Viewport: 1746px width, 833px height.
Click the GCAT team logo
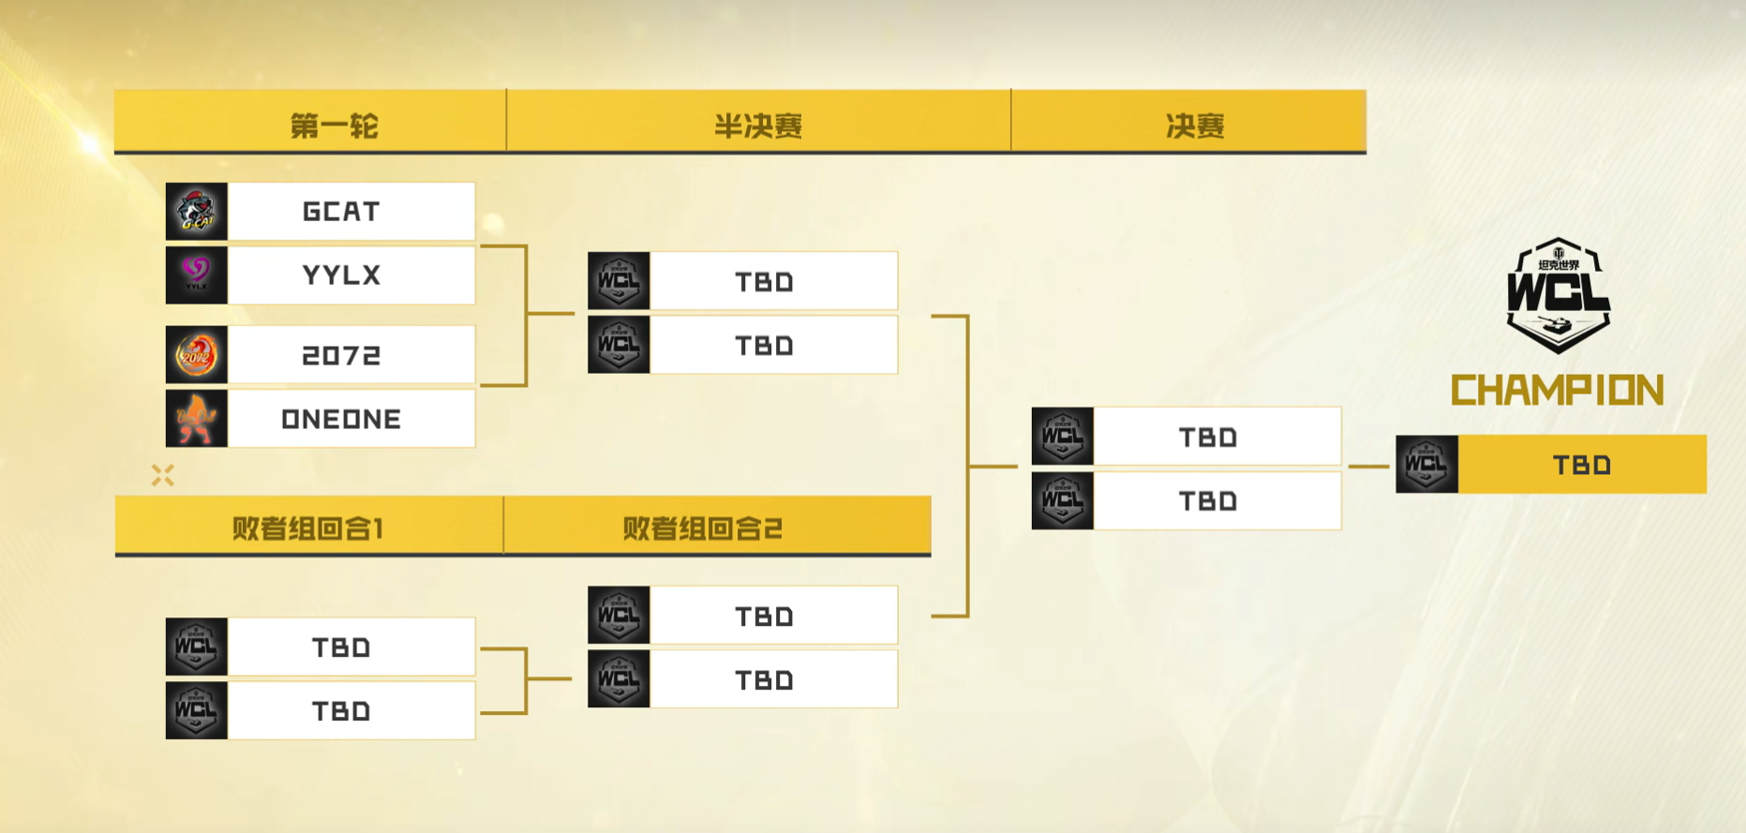coord(197,212)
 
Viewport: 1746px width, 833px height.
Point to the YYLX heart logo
coord(197,275)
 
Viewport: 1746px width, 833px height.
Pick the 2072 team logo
coord(197,355)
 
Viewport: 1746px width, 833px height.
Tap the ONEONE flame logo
coord(197,419)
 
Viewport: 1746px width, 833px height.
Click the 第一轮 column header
coord(334,126)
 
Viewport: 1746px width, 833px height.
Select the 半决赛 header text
coord(758,126)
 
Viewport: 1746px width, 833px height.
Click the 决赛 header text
coord(1195,126)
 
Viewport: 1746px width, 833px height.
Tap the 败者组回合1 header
coord(308,528)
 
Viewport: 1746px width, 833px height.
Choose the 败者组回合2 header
coord(702,528)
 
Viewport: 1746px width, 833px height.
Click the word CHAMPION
coord(1557,391)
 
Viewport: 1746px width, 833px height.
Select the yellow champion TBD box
coord(1582,465)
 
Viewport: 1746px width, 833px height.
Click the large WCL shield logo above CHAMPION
coord(1558,295)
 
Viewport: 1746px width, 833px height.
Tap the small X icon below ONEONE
coord(163,476)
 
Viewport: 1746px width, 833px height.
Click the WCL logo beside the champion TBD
coord(1426,465)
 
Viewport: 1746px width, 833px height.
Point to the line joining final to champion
coord(1368,466)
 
